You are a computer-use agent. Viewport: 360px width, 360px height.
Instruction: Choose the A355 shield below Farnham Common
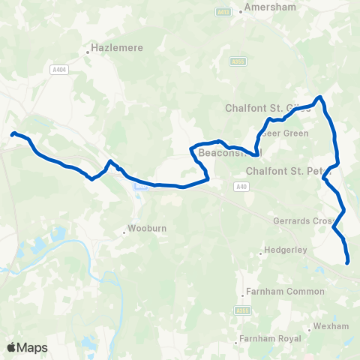coord(241,309)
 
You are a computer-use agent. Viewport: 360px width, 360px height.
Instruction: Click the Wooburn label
coord(141,227)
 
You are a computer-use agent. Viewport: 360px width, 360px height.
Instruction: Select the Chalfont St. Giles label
coord(268,108)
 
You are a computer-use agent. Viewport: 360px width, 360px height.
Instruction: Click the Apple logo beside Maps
coord(11,347)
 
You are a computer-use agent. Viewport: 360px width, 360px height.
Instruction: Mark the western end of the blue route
coord(13,134)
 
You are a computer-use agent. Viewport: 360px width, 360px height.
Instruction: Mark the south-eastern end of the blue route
coord(348,262)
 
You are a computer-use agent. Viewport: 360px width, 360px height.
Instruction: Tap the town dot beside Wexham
coord(309,328)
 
